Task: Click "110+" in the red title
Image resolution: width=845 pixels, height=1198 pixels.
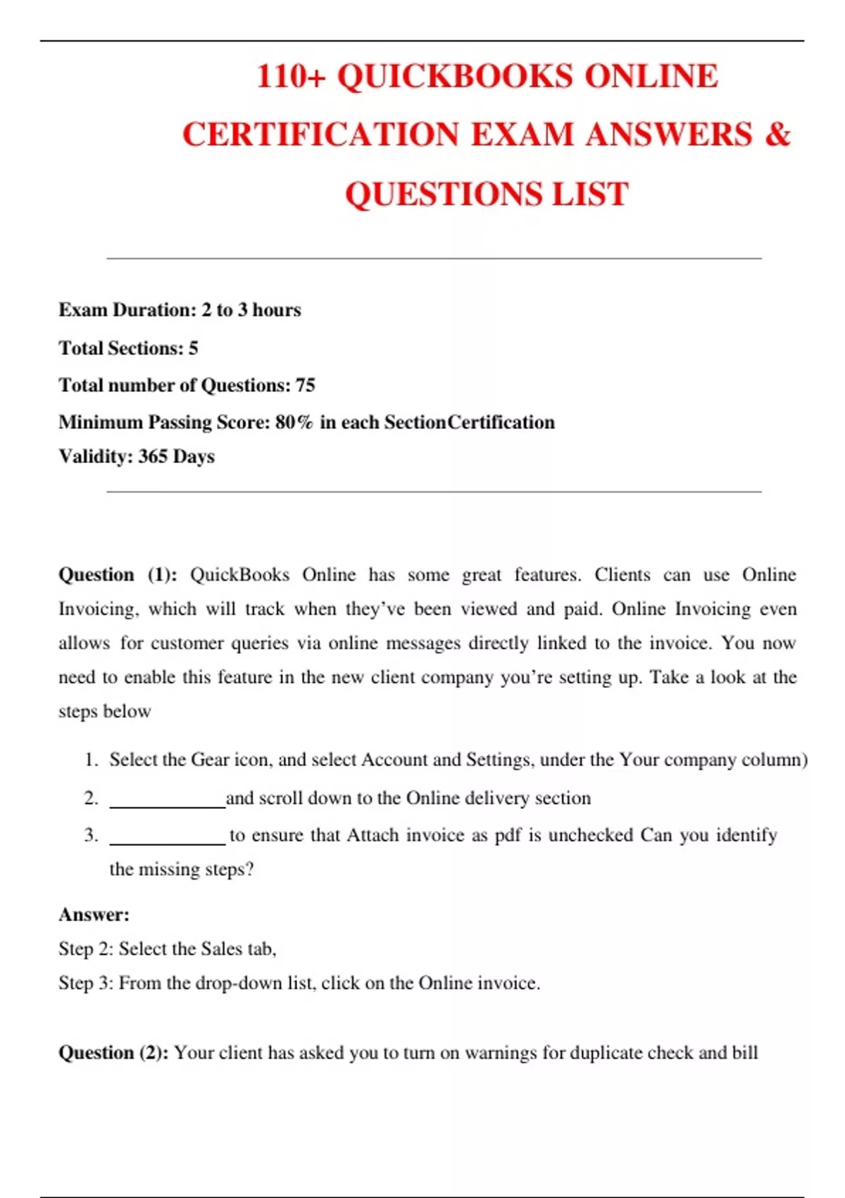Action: (291, 76)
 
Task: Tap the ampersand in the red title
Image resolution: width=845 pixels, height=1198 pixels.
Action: (777, 134)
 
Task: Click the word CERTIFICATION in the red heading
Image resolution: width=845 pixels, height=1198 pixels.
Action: (320, 134)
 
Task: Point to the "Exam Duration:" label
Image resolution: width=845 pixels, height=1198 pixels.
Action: (127, 310)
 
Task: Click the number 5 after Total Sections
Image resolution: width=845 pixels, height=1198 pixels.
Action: (193, 348)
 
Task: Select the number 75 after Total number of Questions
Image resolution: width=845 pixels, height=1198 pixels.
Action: (305, 385)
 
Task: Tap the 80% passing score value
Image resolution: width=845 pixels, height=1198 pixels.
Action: (294, 422)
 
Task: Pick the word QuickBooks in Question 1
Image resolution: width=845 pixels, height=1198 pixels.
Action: (239, 575)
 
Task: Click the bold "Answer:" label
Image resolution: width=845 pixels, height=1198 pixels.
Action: (94, 915)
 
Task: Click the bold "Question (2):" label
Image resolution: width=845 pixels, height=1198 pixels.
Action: (113, 1053)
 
